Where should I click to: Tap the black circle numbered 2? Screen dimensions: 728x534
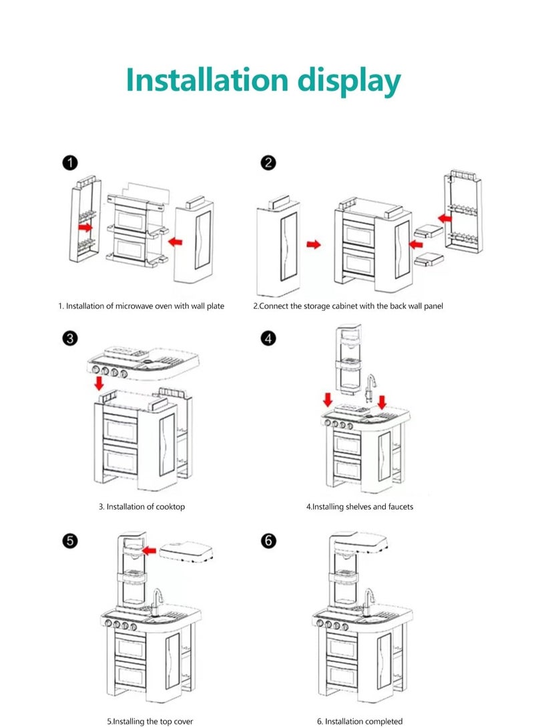(268, 163)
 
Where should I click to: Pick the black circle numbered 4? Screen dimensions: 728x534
(268, 339)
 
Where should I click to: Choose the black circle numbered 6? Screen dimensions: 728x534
(268, 540)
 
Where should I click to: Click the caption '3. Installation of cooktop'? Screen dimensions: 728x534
(142, 506)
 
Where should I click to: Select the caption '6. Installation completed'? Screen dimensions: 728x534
(359, 721)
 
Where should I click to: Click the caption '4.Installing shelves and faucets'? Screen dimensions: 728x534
(359, 506)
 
